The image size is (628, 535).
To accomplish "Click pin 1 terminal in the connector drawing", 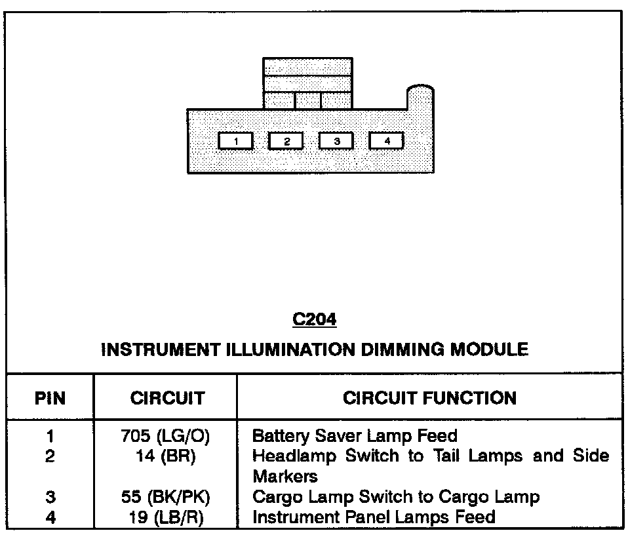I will click(x=235, y=141).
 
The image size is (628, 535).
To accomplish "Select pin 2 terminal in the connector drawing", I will click(x=286, y=141).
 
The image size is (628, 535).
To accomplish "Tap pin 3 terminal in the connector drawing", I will click(x=336, y=141).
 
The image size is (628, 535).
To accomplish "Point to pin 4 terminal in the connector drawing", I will click(x=387, y=141).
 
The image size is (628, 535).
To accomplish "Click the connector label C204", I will click(x=315, y=320).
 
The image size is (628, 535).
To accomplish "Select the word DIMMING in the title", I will click(x=402, y=349).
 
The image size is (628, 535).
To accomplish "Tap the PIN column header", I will click(x=50, y=398).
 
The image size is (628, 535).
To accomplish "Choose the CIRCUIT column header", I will click(x=167, y=398).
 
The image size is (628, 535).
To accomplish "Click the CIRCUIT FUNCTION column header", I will click(x=429, y=398).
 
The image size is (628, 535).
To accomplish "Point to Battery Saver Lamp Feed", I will click(x=355, y=436).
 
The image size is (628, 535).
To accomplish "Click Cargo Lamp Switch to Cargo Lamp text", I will click(x=396, y=497).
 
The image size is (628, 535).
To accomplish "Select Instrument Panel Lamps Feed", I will click(x=374, y=517).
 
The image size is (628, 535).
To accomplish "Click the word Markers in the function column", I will click(x=285, y=476).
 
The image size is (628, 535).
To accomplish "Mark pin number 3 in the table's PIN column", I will click(x=50, y=497).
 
